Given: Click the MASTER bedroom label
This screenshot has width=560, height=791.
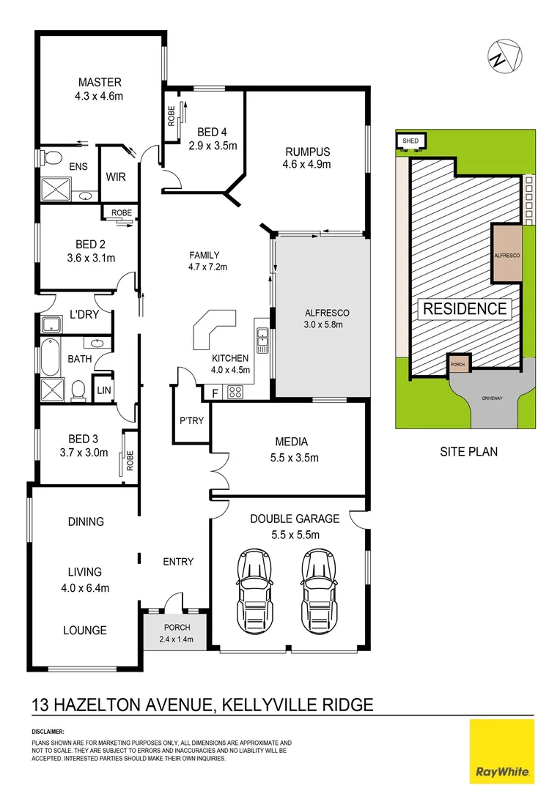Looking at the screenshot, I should click(100, 82).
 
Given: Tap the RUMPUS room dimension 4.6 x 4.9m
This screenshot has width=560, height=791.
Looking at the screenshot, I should click(306, 165).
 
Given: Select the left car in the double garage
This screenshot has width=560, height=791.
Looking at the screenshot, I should click(253, 586).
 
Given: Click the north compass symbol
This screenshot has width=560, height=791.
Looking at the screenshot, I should click(505, 56).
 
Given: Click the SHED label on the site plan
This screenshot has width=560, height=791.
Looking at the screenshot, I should click(407, 140).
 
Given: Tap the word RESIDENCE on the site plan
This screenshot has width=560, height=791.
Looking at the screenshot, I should click(465, 308).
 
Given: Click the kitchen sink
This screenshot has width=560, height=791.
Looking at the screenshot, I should click(262, 338).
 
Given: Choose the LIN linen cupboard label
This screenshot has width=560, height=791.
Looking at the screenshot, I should click(103, 390).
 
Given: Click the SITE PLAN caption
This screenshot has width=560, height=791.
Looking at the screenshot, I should click(468, 451).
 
